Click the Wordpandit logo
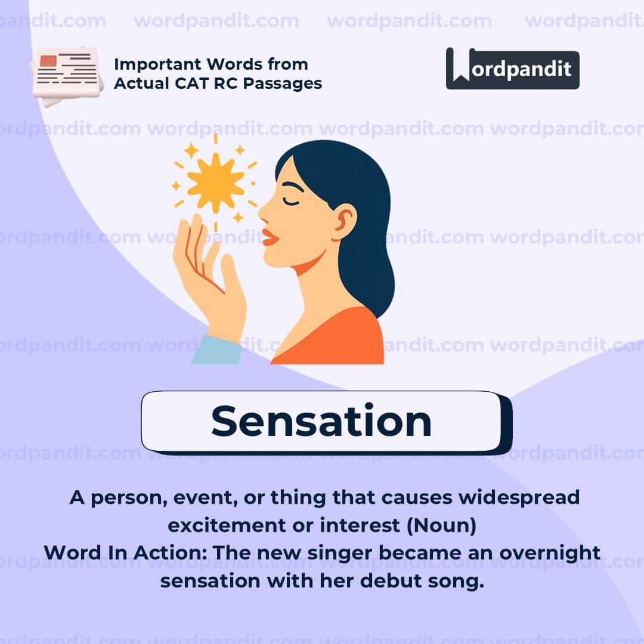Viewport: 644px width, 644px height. pos(512,69)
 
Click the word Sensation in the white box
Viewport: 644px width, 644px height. pos(321,422)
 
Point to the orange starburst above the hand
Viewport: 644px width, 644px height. pos(215,181)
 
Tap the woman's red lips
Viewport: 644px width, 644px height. pos(270,237)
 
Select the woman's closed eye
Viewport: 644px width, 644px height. pos(292,202)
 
